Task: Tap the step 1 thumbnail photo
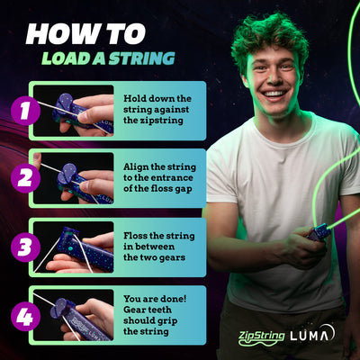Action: click(86, 110)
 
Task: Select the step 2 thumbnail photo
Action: click(86, 177)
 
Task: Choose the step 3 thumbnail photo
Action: click(86, 246)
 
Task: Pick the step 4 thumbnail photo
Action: click(86, 313)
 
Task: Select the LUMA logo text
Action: click(315, 335)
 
